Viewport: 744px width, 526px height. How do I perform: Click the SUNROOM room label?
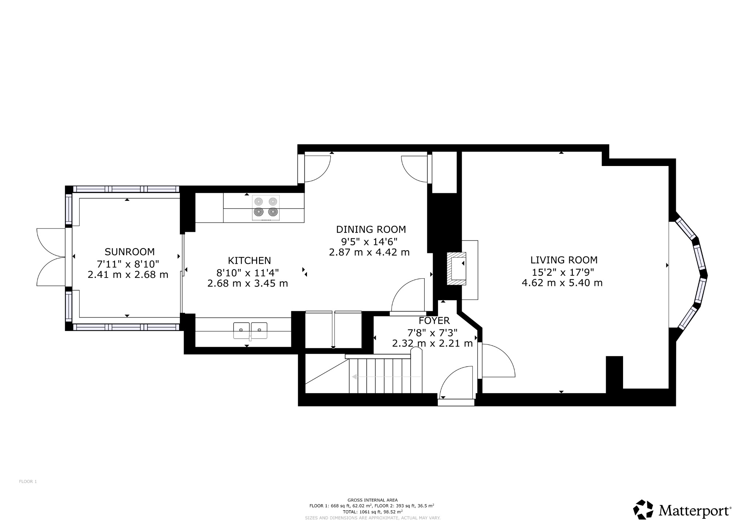point(129,252)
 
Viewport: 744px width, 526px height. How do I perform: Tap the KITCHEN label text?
point(249,260)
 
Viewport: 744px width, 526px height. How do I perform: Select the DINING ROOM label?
point(371,230)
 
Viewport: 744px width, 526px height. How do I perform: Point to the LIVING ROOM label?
point(564,260)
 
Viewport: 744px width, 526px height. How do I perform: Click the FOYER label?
point(434,321)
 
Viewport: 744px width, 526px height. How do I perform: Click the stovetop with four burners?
point(266,208)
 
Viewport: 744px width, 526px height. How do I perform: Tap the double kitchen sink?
point(250,330)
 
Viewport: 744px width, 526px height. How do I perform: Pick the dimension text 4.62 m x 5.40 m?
point(562,283)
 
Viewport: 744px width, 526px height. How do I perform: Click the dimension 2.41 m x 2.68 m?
point(128,275)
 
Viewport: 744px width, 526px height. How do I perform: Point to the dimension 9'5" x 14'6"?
point(369,241)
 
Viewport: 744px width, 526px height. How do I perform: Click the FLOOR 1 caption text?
point(28,482)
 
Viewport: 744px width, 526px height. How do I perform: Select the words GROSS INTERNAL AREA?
point(372,500)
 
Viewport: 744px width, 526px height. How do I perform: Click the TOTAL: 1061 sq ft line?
point(372,511)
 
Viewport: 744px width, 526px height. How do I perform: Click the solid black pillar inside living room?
point(614,373)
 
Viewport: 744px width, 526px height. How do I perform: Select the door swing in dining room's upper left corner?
point(316,167)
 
